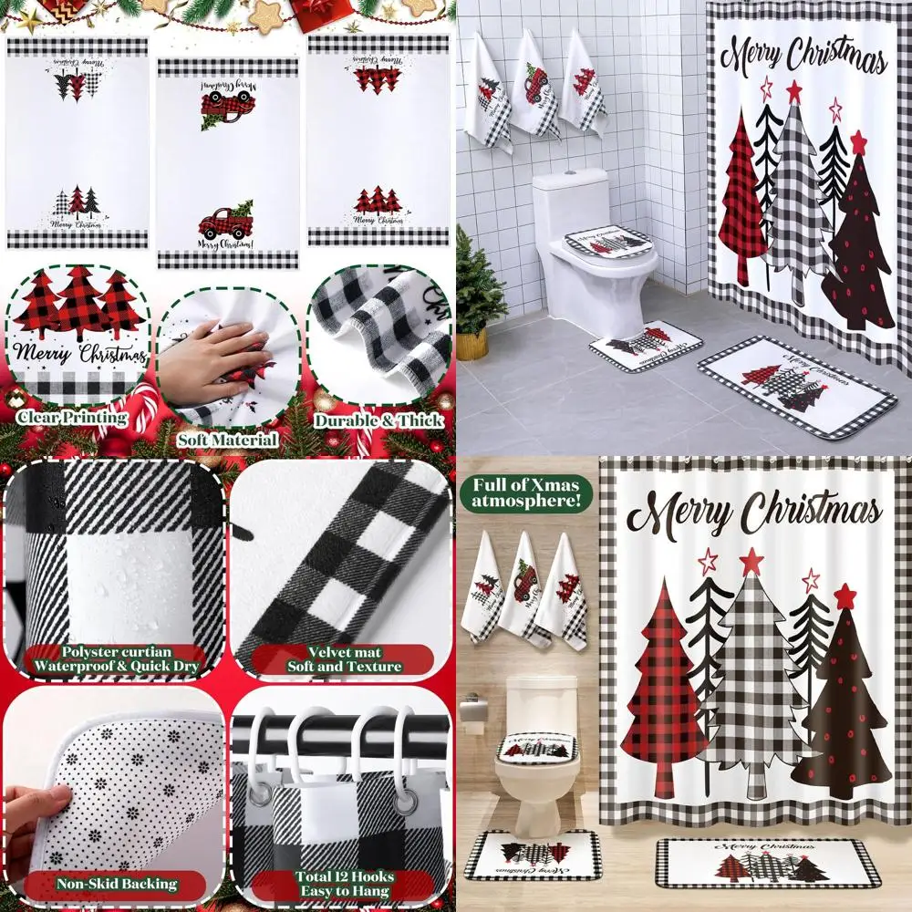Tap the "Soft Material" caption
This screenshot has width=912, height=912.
[x=228, y=440]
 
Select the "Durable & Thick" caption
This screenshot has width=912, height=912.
[x=378, y=421]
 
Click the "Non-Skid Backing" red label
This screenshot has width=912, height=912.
[x=117, y=884]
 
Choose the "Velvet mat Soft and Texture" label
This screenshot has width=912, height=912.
[x=342, y=659]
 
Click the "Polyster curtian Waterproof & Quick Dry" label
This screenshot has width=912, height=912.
[x=117, y=659]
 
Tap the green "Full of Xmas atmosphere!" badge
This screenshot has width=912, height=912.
[x=527, y=493]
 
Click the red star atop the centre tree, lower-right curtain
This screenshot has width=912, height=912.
[x=751, y=560]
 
